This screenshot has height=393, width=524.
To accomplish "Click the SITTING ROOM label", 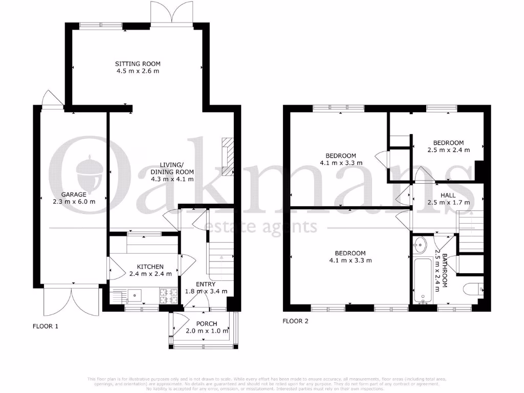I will click(x=137, y=64).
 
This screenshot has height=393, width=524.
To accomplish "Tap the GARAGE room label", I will click(x=74, y=194).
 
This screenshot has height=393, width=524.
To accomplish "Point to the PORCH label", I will click(x=207, y=324).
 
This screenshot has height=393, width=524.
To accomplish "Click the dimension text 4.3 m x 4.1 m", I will click(x=172, y=179).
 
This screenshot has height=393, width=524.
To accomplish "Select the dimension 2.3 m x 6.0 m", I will click(x=74, y=202).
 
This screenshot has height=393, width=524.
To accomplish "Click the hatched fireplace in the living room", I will click(x=227, y=156).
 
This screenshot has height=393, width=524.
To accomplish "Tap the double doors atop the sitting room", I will click(x=172, y=11).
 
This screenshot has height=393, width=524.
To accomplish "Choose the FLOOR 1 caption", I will click(x=46, y=325).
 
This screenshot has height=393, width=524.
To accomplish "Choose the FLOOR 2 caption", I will click(x=295, y=321).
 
